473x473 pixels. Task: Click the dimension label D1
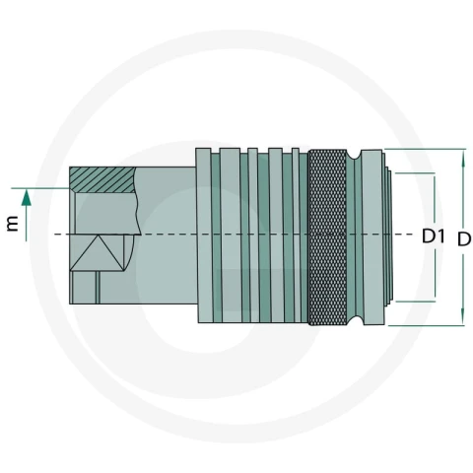point(434,236)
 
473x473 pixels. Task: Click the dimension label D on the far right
point(464,239)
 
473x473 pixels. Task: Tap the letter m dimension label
point(13,224)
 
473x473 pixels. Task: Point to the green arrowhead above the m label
point(27,198)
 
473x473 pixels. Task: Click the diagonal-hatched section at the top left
point(102,179)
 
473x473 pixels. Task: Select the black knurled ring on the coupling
point(327,237)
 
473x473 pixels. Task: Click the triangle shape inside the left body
point(98,253)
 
